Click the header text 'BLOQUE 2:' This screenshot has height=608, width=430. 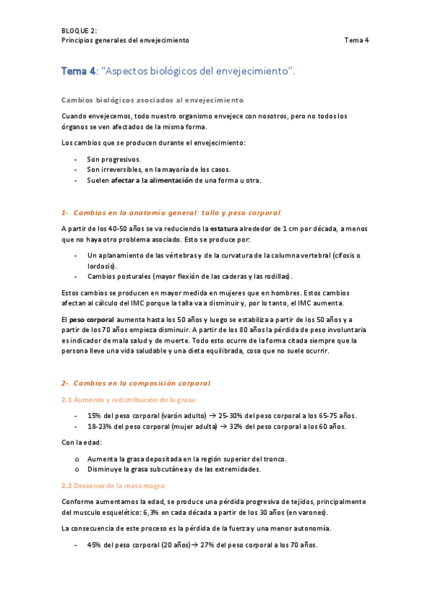point(79,30)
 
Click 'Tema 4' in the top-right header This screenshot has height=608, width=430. point(356,40)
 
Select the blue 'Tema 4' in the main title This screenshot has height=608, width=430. point(79,71)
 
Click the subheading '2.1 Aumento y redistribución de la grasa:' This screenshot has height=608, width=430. point(129,399)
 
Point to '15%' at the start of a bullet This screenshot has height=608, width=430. point(94,416)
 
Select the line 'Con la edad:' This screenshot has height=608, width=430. point(82,442)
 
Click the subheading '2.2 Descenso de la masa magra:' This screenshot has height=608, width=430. point(114,485)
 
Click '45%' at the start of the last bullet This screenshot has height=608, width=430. point(94,545)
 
